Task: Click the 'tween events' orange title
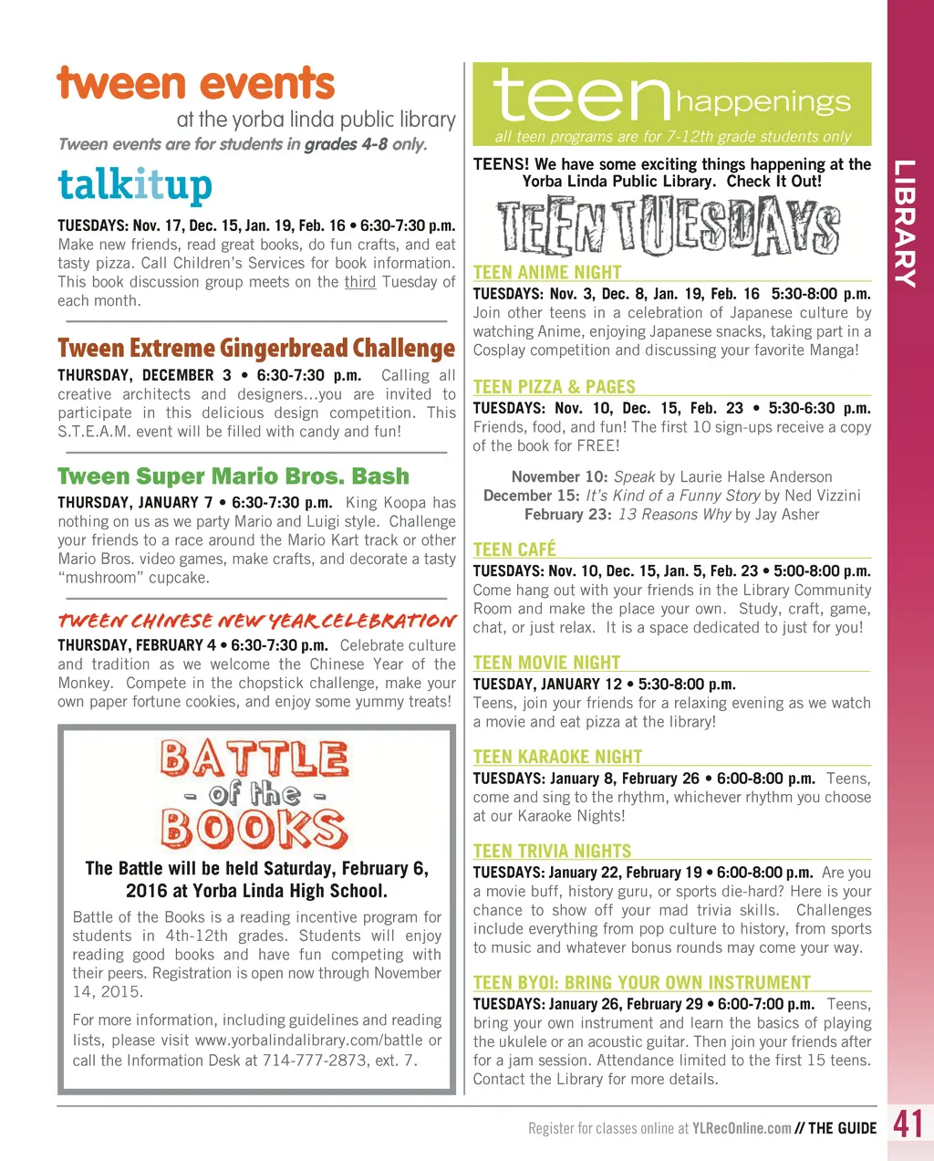pyautogui.click(x=196, y=84)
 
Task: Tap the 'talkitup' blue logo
pyautogui.click(x=135, y=185)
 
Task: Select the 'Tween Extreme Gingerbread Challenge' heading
pyautogui.click(x=255, y=349)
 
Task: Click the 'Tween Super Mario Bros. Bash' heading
pyautogui.click(x=233, y=476)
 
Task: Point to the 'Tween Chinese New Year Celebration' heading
pyautogui.click(x=256, y=622)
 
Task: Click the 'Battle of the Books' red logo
pyautogui.click(x=254, y=794)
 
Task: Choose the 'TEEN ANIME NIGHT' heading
pyautogui.click(x=547, y=272)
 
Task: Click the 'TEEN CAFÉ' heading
pyautogui.click(x=514, y=549)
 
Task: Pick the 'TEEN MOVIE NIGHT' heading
pyautogui.click(x=546, y=663)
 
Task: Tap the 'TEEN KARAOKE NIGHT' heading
pyautogui.click(x=557, y=757)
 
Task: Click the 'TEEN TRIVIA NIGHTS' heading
pyautogui.click(x=552, y=851)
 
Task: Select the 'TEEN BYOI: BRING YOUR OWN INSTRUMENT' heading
pyautogui.click(x=641, y=983)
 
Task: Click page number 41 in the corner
pyautogui.click(x=908, y=1124)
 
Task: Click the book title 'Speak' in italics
pyautogui.click(x=634, y=477)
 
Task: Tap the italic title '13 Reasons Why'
pyautogui.click(x=674, y=515)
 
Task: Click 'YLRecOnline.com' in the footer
pyautogui.click(x=742, y=1128)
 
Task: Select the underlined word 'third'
pyautogui.click(x=360, y=282)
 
